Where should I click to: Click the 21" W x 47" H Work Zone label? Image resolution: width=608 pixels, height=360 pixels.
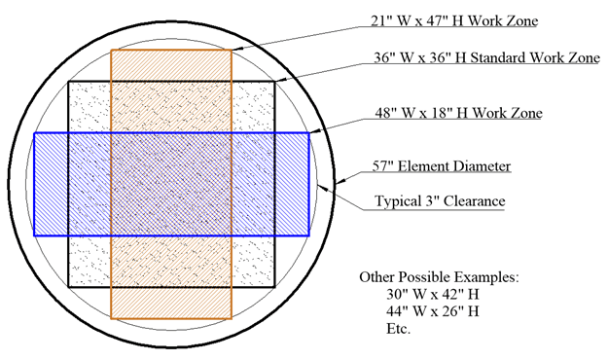tap(454, 20)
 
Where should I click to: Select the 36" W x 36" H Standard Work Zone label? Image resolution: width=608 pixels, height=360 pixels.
tap(487, 57)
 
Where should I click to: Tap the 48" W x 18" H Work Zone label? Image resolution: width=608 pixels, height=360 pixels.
tap(458, 113)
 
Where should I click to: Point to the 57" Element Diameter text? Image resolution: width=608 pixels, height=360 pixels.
tap(442, 166)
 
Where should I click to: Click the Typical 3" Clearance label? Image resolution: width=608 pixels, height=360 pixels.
tap(440, 201)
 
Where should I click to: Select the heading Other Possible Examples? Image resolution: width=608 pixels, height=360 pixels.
tap(439, 277)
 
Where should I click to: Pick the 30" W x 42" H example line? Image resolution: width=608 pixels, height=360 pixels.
tap(432, 294)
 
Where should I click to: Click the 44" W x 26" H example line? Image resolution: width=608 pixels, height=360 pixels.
tap(432, 311)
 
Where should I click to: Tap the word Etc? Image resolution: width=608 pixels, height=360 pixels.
tap(398, 329)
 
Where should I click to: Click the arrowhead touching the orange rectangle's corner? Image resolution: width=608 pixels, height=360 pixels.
tap(237, 49)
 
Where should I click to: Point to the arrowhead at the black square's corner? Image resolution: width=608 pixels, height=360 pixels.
tap(280, 80)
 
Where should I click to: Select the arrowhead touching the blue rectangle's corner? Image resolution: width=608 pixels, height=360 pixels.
tap(314, 131)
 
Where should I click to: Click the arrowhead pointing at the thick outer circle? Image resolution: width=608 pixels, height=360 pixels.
tap(340, 181)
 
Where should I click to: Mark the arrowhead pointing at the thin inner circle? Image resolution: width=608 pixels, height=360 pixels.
tap(323, 188)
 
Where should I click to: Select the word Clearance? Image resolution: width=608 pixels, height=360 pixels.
tap(475, 201)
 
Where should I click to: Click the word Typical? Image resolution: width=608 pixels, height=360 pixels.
tap(398, 201)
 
